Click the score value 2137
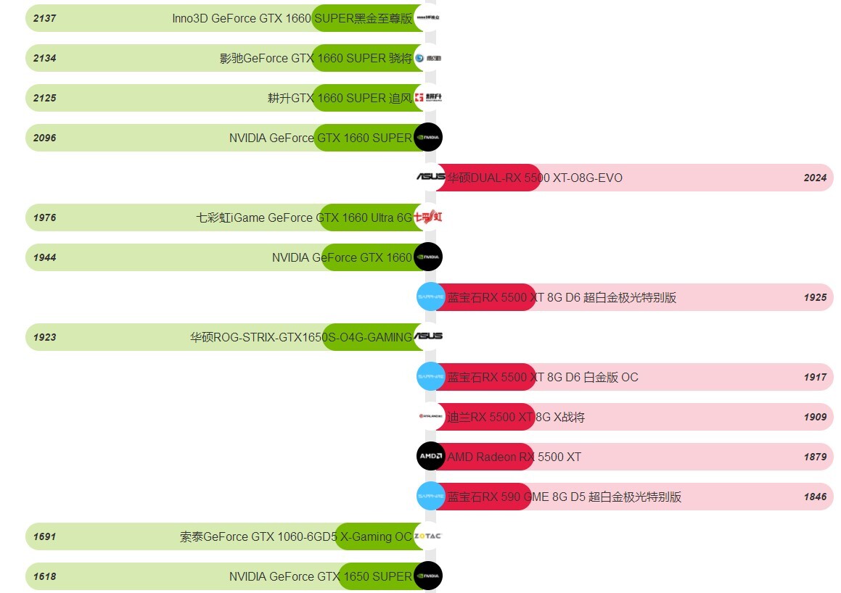[44, 18]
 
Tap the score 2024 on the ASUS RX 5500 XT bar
[815, 178]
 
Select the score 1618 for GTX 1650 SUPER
[44, 576]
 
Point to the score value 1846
[815, 497]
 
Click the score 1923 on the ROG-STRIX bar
[44, 337]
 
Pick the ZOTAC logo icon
[427, 536]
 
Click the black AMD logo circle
[430, 457]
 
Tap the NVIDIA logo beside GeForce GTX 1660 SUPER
[428, 138]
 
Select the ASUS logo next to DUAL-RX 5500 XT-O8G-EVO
[430, 177]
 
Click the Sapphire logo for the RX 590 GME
[430, 497]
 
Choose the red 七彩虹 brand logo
[427, 217]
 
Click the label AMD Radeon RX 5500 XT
[514, 457]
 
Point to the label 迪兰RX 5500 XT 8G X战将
[515, 417]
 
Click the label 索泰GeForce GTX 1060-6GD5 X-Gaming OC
[295, 536]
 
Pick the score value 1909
[815, 417]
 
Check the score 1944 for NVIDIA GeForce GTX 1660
[44, 257]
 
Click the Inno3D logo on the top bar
[427, 17]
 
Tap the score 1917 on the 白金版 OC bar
[815, 377]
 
